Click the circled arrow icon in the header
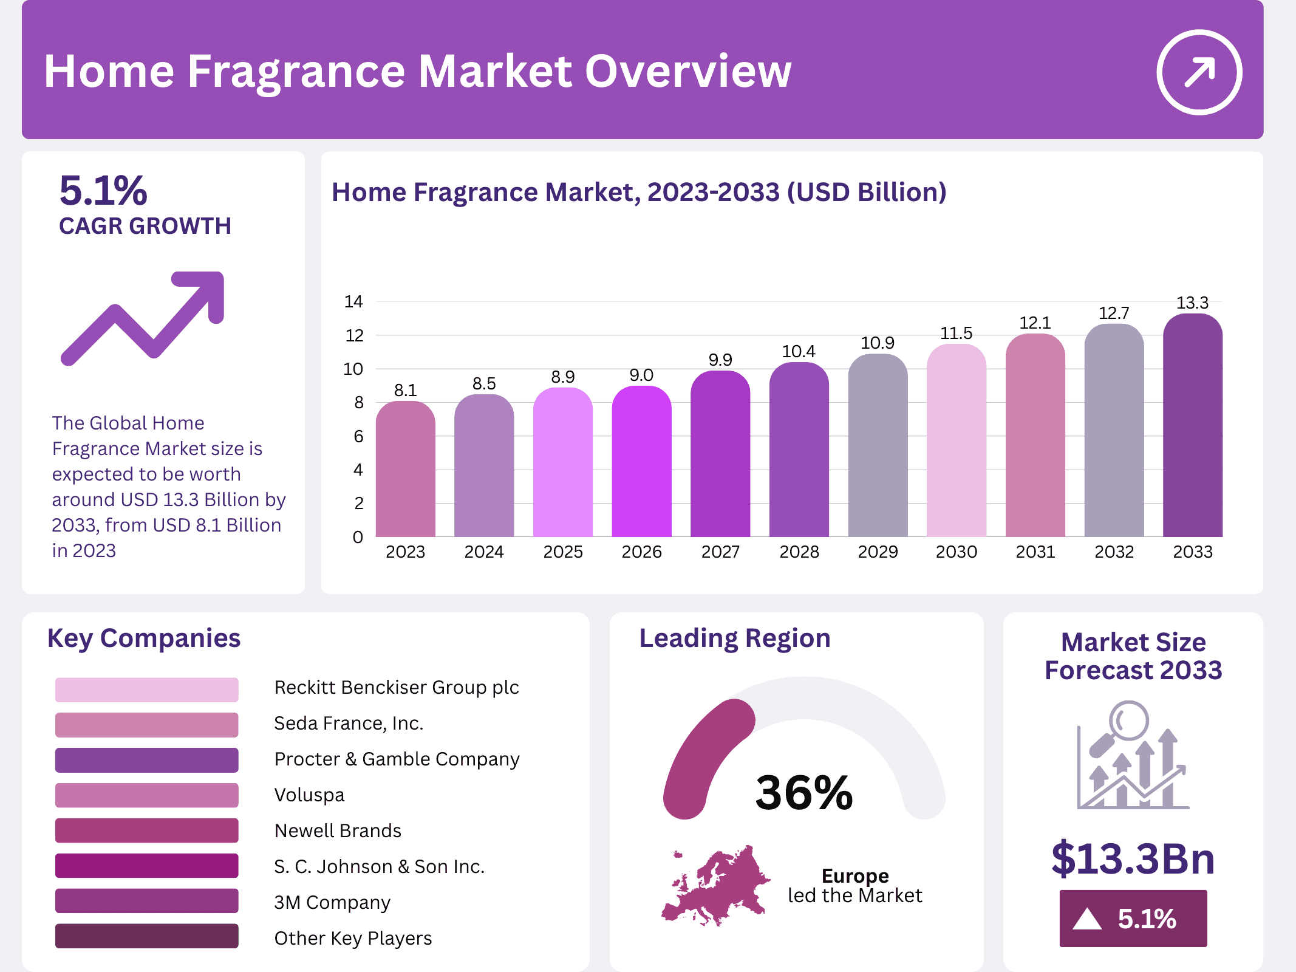click(x=1199, y=72)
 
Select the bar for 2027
click(x=720, y=456)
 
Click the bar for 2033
click(x=1192, y=425)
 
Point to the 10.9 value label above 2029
click(x=877, y=343)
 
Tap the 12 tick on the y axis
click(x=354, y=335)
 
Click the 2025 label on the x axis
click(x=562, y=552)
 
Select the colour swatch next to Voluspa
click(x=146, y=795)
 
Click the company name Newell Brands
click(x=338, y=830)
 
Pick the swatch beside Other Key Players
click(x=146, y=936)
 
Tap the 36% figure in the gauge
click(x=804, y=793)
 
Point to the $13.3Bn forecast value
click(x=1133, y=858)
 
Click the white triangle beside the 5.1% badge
click(x=1087, y=919)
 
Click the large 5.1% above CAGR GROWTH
click(x=103, y=191)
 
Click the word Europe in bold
click(x=854, y=875)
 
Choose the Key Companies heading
click(x=144, y=638)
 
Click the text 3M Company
click(x=332, y=902)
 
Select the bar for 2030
click(x=956, y=443)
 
